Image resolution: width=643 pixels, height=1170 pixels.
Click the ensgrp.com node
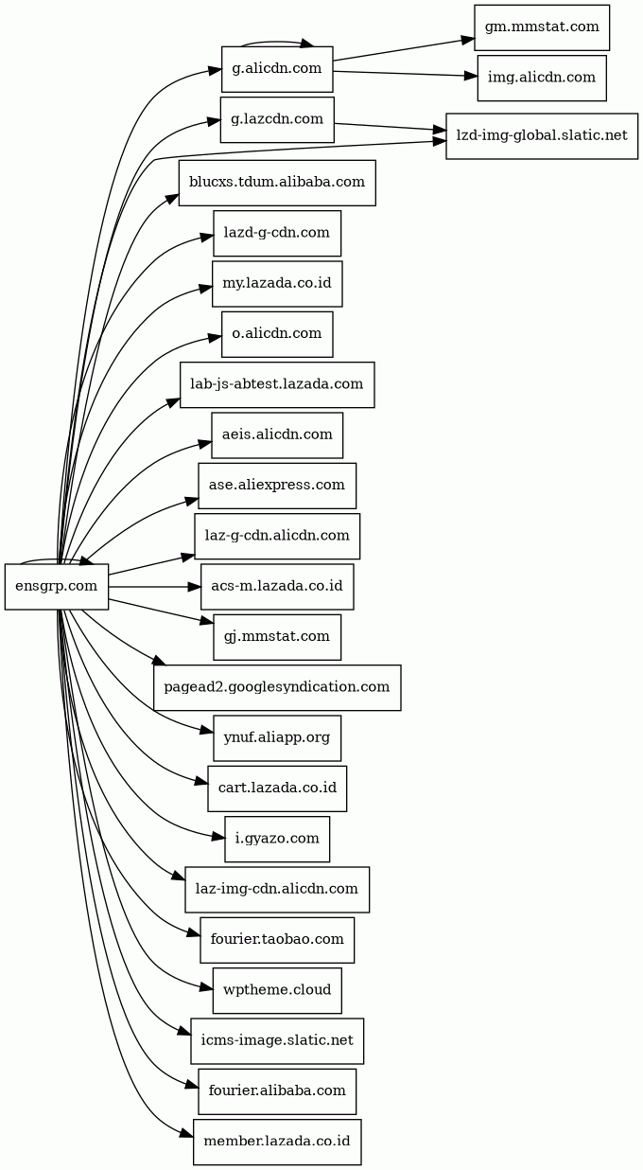coord(57,586)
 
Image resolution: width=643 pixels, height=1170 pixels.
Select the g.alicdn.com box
coord(277,69)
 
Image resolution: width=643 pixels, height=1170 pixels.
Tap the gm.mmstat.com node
coord(542,27)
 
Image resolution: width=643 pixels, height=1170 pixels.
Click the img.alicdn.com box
coord(542,78)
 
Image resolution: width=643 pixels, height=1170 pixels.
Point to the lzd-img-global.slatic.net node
coord(542,135)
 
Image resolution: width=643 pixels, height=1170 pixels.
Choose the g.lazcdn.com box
coord(277,119)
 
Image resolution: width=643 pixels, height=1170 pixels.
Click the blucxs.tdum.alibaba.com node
coord(277,183)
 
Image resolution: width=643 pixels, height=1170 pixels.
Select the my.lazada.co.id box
coord(277,284)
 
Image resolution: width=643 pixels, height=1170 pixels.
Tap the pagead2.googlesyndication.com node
coord(277,687)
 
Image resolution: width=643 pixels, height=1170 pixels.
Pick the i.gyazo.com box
coord(277,839)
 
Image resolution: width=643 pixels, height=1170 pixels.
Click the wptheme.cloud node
coord(277,990)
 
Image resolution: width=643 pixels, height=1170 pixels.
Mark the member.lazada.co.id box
coord(277,1142)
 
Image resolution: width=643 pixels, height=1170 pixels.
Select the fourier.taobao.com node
coord(277,940)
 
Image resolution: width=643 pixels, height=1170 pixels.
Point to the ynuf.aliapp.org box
coord(277,738)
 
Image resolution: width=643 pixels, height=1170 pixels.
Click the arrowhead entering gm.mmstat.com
coord(467,40)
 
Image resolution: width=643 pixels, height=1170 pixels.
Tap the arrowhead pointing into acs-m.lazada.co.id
coord(194,587)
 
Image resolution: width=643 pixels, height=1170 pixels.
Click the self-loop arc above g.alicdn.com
coord(277,41)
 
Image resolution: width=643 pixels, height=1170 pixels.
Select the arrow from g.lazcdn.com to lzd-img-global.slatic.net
coord(390,127)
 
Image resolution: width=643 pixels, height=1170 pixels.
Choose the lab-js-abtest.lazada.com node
coord(277,384)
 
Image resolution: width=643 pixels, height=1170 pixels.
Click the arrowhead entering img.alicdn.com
coord(471,77)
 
